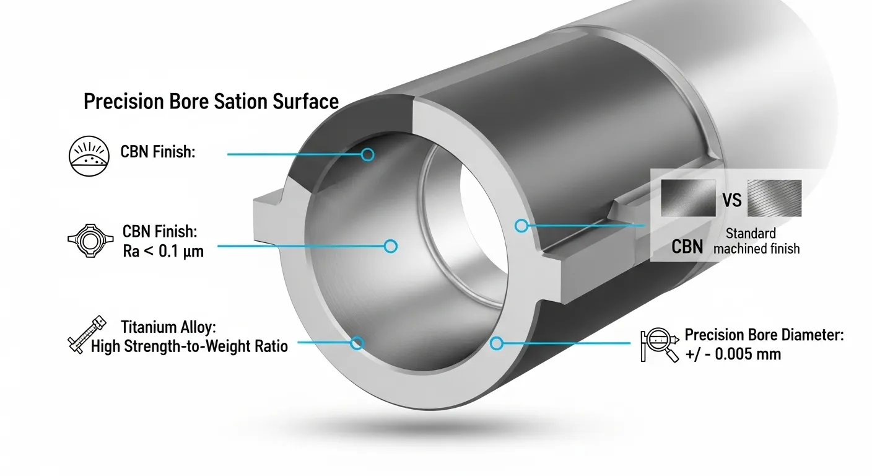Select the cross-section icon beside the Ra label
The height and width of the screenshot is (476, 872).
(88, 240)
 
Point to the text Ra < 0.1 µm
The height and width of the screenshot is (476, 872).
(163, 250)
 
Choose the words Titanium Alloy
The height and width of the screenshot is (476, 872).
(165, 327)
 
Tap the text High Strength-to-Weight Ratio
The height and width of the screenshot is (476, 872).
(189, 346)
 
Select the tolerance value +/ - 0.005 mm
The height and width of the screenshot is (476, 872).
(733, 355)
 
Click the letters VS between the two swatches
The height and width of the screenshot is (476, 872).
(733, 201)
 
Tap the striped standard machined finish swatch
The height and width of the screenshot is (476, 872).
(774, 198)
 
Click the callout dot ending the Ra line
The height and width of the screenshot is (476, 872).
(390, 247)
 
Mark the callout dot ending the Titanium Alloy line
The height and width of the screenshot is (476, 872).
(357, 343)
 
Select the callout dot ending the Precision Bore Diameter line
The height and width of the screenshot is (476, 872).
(495, 343)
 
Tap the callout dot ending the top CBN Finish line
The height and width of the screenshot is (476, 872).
(367, 154)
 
